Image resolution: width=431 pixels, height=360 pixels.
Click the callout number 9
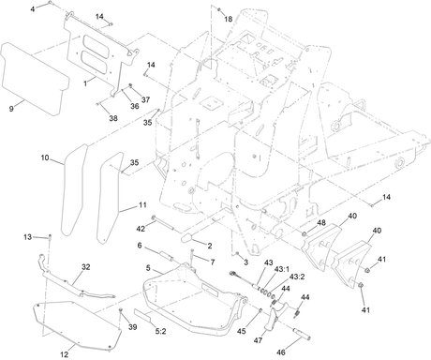tap(11, 109)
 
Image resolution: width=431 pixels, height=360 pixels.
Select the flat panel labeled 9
tap(35, 79)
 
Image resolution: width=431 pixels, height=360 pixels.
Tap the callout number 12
tap(64, 354)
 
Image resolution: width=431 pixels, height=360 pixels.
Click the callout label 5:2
tap(160, 331)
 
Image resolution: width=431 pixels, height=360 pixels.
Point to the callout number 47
tap(258, 340)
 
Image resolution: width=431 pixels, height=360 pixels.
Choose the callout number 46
tap(281, 352)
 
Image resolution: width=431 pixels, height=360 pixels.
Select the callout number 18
tap(229, 19)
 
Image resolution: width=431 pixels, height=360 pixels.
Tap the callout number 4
tap(33, 9)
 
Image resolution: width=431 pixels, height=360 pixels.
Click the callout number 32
tap(86, 267)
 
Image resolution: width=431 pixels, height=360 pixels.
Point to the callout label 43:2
tap(297, 277)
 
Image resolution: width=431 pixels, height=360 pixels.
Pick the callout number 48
tap(321, 223)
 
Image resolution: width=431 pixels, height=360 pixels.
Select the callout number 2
tap(210, 246)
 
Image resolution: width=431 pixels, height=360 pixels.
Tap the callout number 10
tap(45, 157)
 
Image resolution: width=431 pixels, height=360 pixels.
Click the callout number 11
tap(142, 205)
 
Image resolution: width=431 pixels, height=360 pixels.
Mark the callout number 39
tap(133, 327)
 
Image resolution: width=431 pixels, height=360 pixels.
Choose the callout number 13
tap(27, 237)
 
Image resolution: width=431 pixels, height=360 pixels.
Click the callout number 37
tap(145, 99)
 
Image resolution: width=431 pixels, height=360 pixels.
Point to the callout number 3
tap(245, 262)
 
